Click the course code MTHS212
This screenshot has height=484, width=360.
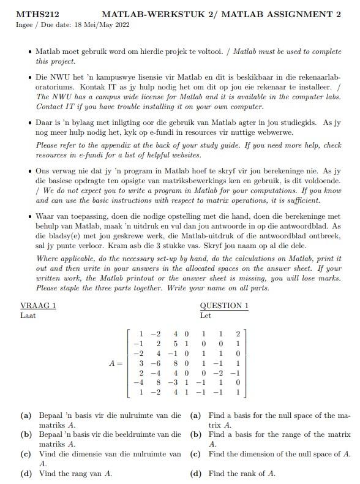(33, 14)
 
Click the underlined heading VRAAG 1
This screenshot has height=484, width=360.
(38, 306)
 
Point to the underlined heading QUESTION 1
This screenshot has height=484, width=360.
(224, 306)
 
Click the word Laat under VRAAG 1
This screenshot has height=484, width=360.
(28, 316)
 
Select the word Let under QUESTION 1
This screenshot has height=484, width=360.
(206, 316)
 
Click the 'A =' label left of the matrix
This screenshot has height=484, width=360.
(117, 363)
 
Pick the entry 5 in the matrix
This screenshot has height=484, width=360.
(176, 344)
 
